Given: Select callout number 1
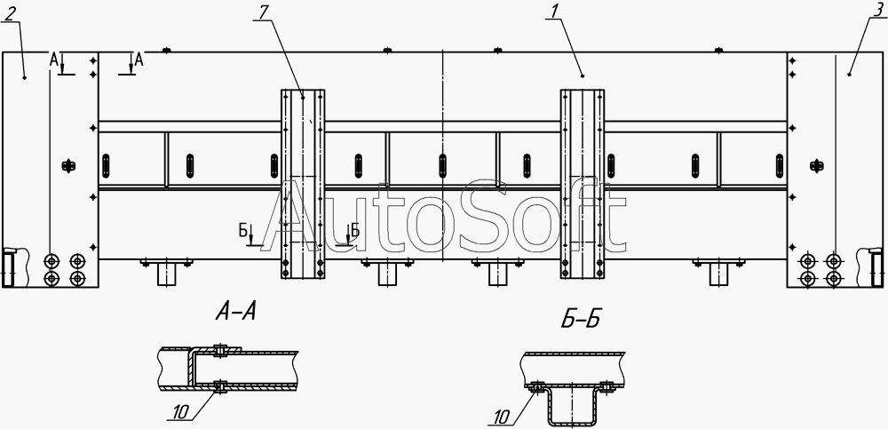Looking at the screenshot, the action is [x=551, y=12].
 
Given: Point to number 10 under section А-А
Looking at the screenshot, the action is [x=179, y=414].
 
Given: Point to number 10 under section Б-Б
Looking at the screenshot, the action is [x=501, y=418].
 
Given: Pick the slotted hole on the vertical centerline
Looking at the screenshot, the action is [x=443, y=165].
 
